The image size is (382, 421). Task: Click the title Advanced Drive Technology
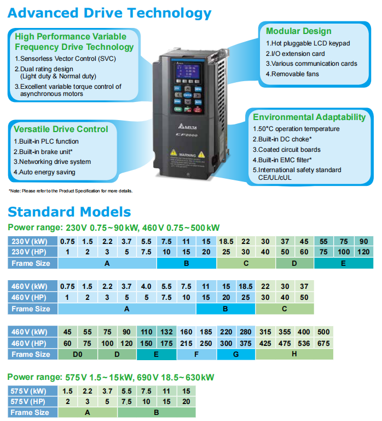[109, 13]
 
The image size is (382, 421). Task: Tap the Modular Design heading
[298, 31]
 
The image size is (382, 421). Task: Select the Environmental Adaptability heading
[309, 117]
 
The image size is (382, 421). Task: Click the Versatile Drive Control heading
[61, 129]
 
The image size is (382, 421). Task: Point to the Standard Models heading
[69, 212]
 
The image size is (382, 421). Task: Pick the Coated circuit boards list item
[286, 150]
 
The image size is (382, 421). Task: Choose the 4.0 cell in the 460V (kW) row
[146, 287]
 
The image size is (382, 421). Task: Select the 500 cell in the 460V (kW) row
[323, 332]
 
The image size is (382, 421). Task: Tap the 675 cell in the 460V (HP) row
[323, 343]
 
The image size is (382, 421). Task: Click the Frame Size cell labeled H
[294, 354]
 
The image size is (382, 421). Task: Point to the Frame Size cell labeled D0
[78, 354]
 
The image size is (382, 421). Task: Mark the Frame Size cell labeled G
[235, 354]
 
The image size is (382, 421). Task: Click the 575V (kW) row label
[31, 391]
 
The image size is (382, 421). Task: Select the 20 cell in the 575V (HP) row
[186, 401]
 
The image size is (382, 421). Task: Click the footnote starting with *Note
[71, 191]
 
